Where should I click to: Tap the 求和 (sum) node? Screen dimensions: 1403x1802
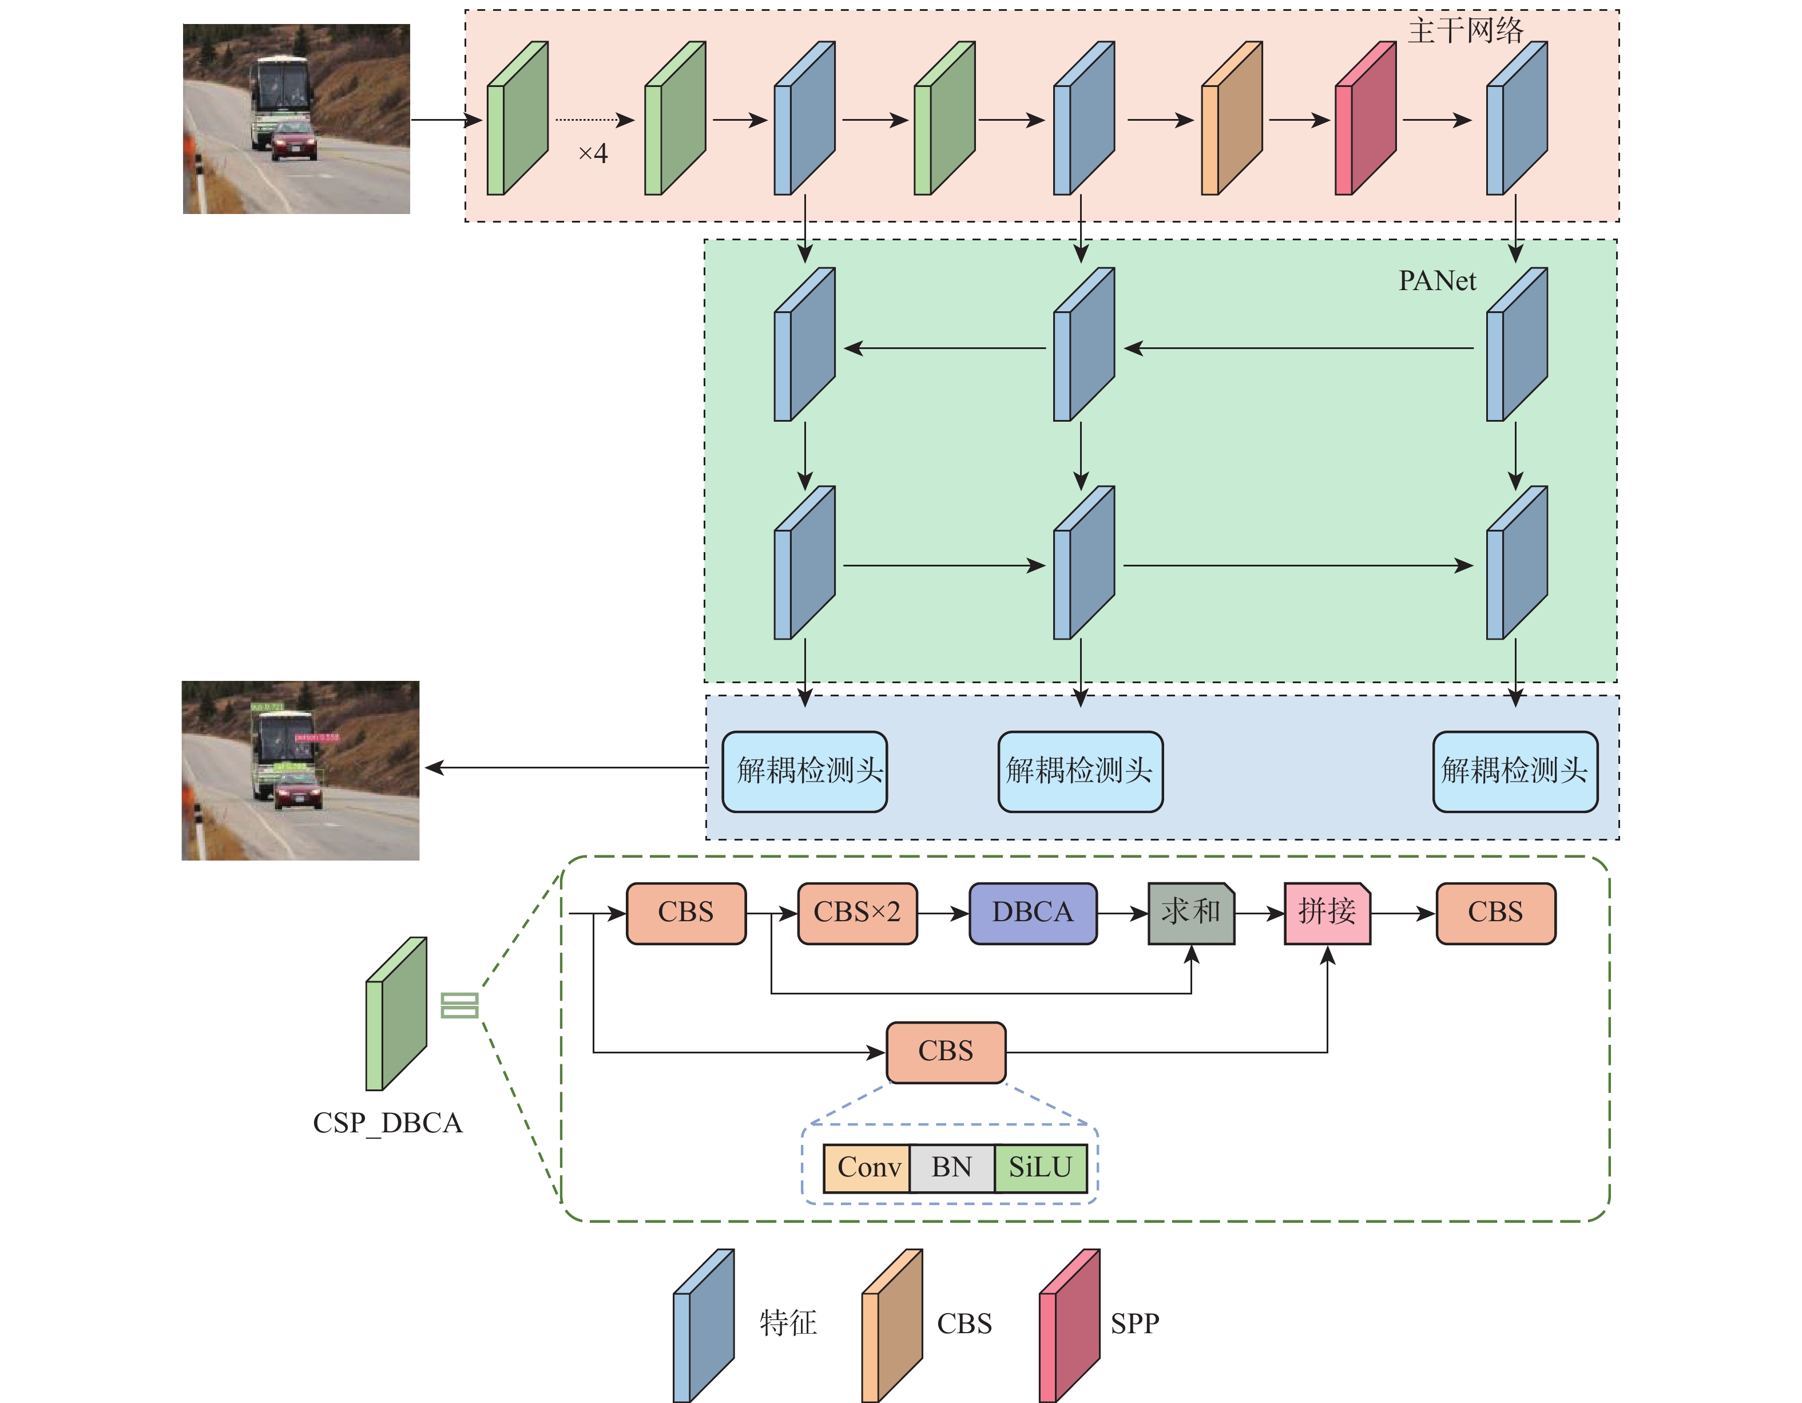(1190, 913)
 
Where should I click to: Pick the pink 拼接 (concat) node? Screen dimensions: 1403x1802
(1327, 913)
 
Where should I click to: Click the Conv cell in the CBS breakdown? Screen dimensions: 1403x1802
(867, 1168)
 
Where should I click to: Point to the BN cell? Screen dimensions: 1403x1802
(952, 1168)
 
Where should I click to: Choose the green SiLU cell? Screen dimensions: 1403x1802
(1041, 1168)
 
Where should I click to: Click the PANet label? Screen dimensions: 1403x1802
(1436, 282)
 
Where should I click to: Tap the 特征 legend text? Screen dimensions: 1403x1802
(788, 1324)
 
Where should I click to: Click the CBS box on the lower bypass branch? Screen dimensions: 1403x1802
(946, 1052)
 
